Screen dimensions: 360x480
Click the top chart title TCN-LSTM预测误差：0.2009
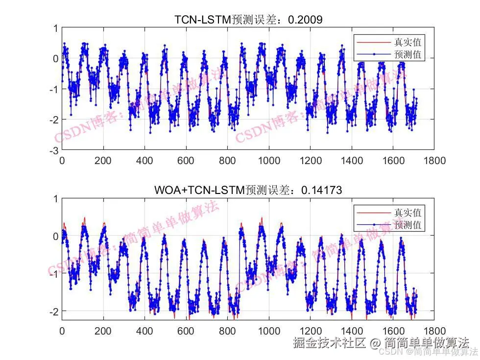point(248,20)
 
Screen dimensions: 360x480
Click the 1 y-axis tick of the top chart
point(56,28)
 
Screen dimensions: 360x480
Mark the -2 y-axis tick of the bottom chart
point(54,311)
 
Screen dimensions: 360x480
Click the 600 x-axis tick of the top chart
point(186,160)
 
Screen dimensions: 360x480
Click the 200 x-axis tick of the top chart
point(103,160)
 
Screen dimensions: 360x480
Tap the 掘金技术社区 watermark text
point(329,342)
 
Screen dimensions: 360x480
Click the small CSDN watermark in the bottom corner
point(392,351)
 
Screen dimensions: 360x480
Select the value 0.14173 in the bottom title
point(321,190)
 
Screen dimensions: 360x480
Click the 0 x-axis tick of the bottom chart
point(62,331)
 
